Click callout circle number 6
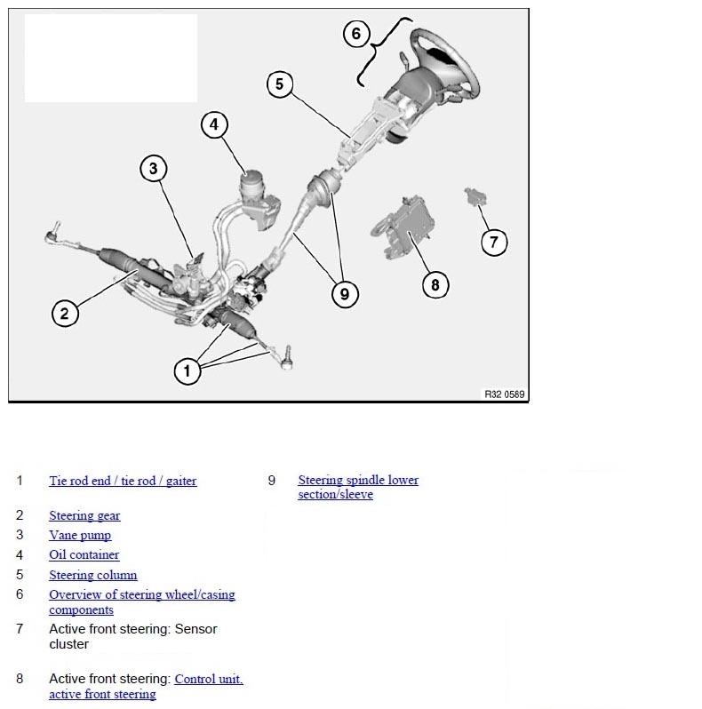tap(355, 34)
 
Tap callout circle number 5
tap(279, 84)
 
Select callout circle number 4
tap(214, 124)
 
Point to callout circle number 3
tap(153, 168)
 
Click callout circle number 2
tap(64, 313)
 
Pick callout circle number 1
tap(187, 370)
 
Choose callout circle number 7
tap(494, 242)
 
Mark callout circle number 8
tap(435, 284)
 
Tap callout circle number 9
tap(344, 294)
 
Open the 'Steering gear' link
tap(84, 515)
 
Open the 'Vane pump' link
tap(80, 535)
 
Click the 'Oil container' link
tap(84, 554)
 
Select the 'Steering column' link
tap(92, 575)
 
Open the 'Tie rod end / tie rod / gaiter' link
tap(123, 481)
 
